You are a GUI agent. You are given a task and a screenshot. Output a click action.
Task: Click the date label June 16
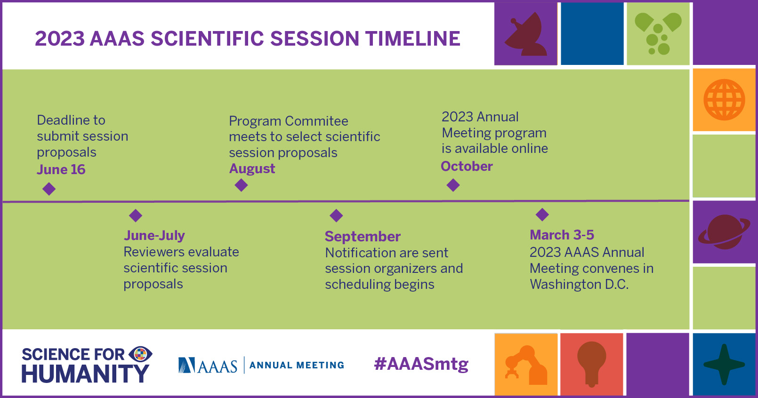pyautogui.click(x=61, y=169)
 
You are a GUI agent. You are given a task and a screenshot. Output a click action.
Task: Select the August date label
pyautogui.click(x=252, y=169)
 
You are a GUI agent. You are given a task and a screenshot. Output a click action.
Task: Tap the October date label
pyautogui.click(x=467, y=166)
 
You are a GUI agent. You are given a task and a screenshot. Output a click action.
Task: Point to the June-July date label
pyautogui.click(x=154, y=235)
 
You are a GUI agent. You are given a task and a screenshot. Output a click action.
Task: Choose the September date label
pyautogui.click(x=363, y=237)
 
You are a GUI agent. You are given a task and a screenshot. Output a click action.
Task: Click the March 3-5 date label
pyautogui.click(x=562, y=235)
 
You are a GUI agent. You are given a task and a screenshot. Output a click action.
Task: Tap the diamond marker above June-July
pyautogui.click(x=136, y=215)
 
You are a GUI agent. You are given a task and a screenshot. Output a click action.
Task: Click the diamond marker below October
pyautogui.click(x=453, y=185)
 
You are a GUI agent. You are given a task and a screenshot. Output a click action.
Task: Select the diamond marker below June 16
pyautogui.click(x=49, y=189)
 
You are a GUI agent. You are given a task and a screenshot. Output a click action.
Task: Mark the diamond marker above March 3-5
pyautogui.click(x=542, y=215)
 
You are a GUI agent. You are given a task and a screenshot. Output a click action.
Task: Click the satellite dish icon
pyautogui.click(x=526, y=34)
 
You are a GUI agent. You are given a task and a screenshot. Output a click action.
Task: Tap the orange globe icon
pyautogui.click(x=724, y=100)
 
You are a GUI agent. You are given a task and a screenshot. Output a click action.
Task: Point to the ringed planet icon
pyautogui.click(x=724, y=232)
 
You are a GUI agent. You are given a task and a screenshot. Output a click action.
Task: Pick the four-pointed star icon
pyautogui.click(x=724, y=365)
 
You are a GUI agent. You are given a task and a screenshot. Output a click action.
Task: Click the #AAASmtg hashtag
pyautogui.click(x=421, y=364)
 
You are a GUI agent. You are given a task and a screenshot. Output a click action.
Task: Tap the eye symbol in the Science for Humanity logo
pyautogui.click(x=140, y=354)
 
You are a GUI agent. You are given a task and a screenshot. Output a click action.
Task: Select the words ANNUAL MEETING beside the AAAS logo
pyautogui.click(x=297, y=365)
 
